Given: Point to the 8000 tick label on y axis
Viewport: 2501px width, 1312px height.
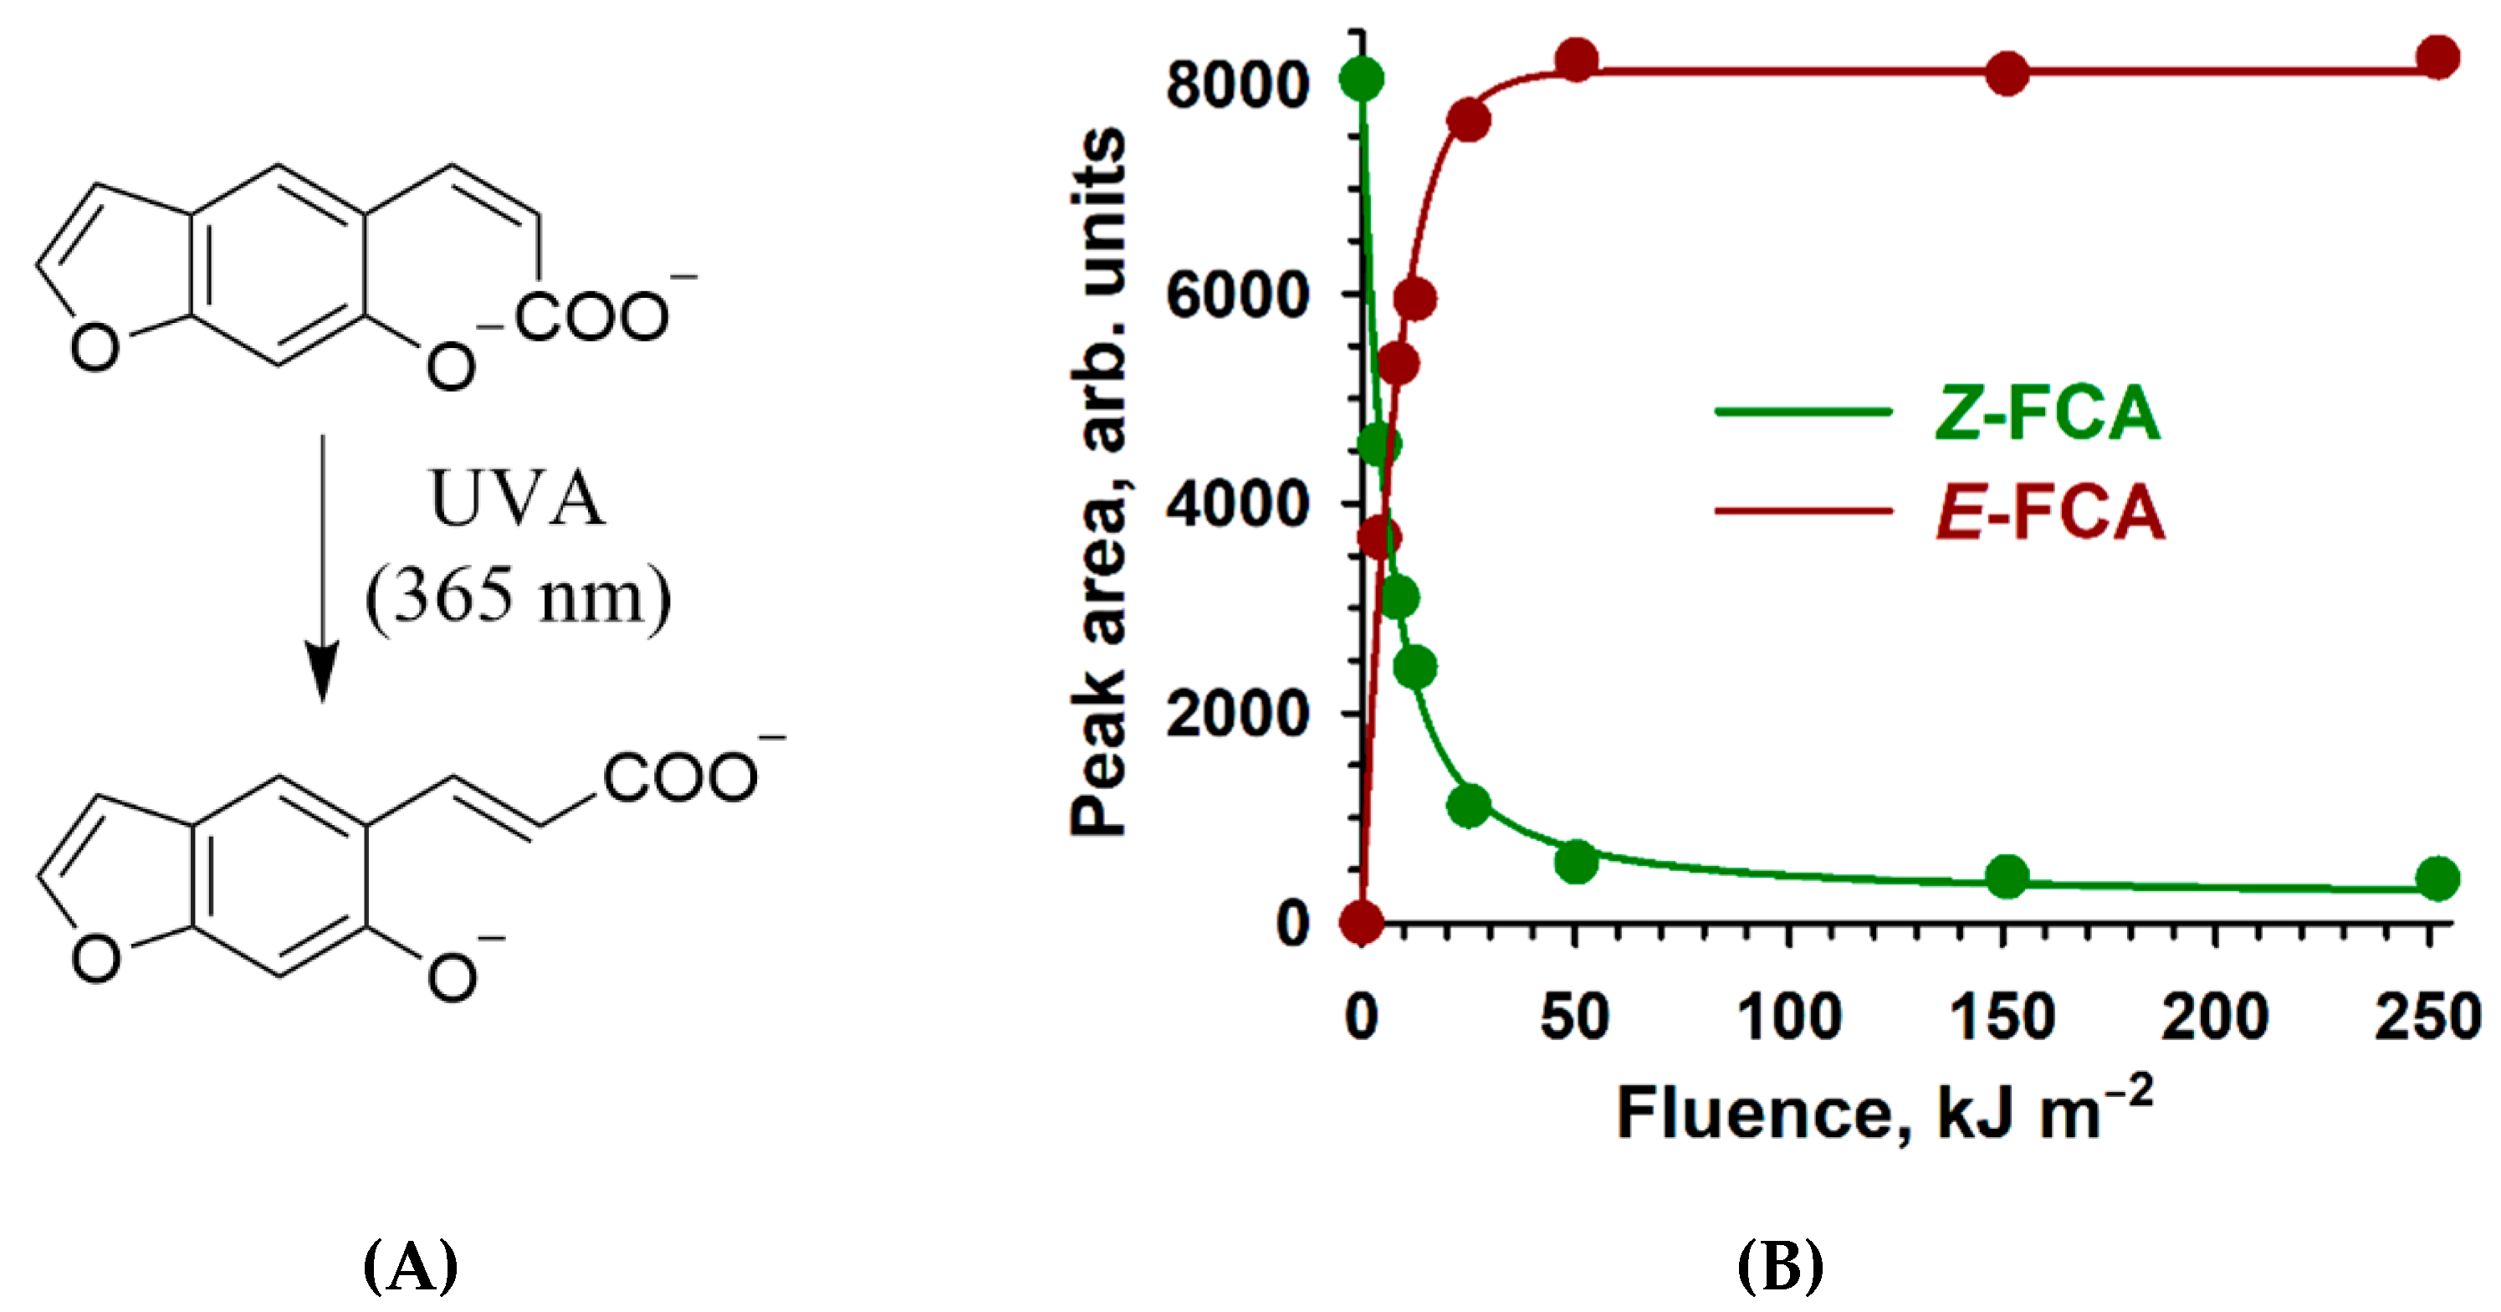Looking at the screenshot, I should click(x=1237, y=85).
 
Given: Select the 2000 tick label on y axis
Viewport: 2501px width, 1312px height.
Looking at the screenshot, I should click(x=1237, y=715).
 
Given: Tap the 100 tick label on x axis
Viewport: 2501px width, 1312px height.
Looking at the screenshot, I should click(x=1788, y=1017).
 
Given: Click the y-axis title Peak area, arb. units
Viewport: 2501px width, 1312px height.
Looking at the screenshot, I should click(x=1099, y=481).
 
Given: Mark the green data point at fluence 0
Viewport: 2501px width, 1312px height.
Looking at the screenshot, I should click(x=1361, y=79).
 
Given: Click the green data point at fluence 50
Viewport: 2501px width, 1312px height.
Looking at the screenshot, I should click(x=1577, y=860).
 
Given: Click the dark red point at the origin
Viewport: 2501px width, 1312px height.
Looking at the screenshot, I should click(x=1361, y=921).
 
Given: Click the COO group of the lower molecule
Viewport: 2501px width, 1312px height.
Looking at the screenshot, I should click(x=679, y=778).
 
